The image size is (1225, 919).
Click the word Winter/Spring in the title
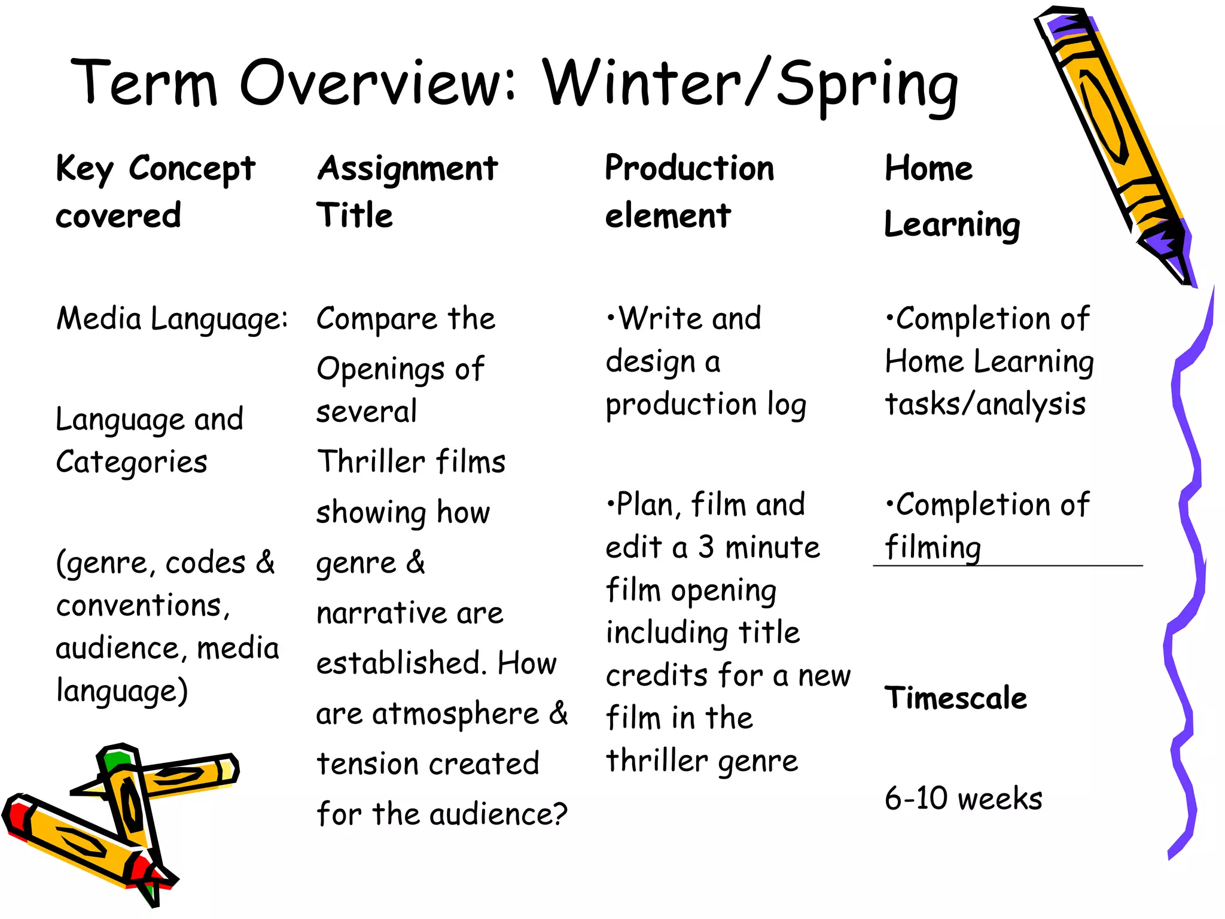[x=751, y=84]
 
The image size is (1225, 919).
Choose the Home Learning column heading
[x=951, y=195]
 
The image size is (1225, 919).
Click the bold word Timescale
[x=955, y=698]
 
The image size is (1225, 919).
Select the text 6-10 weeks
[x=963, y=798]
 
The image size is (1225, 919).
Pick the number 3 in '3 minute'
[x=706, y=547]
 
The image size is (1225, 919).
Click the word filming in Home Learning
[x=933, y=547]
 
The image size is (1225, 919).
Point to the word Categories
[x=132, y=462]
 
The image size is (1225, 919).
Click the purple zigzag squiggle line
[x=1187, y=538]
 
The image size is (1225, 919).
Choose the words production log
[x=706, y=405]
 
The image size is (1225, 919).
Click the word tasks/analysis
[x=985, y=405]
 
